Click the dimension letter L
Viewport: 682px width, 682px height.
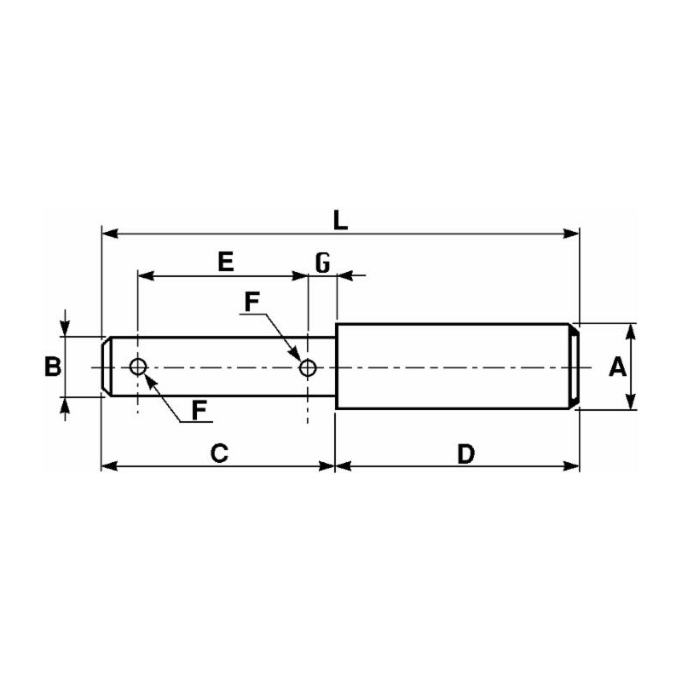[x=340, y=221]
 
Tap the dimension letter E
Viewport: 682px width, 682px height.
[x=226, y=262]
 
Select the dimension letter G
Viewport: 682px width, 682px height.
[x=323, y=263]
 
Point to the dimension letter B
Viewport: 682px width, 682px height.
[x=53, y=367]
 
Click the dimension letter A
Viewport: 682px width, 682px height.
[x=617, y=367]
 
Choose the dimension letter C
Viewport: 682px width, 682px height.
[x=220, y=454]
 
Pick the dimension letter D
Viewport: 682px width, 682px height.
[x=466, y=454]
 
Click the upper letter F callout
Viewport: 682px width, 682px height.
[x=251, y=302]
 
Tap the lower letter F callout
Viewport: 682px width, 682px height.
[x=199, y=411]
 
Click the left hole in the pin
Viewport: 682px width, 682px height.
[x=138, y=367]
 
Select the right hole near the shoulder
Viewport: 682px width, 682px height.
[x=308, y=367]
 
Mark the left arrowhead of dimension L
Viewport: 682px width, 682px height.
[x=110, y=234]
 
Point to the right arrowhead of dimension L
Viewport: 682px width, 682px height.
[x=571, y=234]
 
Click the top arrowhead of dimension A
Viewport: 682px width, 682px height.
[x=632, y=332]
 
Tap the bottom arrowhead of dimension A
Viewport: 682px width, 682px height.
[x=632, y=401]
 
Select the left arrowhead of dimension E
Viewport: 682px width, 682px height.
[x=146, y=275]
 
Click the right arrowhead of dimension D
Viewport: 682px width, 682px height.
[x=571, y=466]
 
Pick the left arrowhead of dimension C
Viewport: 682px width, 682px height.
[x=110, y=466]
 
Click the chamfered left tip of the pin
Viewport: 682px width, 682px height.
[x=106, y=367]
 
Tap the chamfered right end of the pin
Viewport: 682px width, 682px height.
[x=574, y=367]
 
